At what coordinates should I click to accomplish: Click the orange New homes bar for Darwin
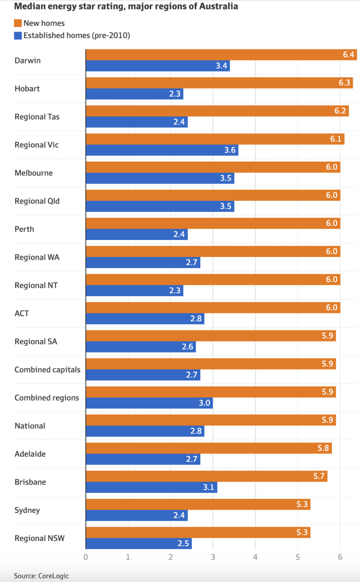[220, 54]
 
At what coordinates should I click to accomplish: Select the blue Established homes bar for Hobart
[134, 94]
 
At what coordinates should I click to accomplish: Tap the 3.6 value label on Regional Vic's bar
[230, 150]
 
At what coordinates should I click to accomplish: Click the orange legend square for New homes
[18, 23]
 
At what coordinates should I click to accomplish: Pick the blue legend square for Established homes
[18, 35]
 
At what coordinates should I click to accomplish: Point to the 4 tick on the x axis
[255, 557]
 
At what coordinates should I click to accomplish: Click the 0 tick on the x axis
[86, 557]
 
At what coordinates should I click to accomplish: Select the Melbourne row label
[33, 173]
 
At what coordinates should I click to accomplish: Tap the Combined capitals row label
[47, 370]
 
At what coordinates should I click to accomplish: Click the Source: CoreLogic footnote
[41, 576]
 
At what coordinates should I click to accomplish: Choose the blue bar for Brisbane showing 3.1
[151, 487]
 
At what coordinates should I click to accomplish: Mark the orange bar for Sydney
[198, 504]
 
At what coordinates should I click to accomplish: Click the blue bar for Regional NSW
[139, 544]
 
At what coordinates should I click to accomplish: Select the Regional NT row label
[36, 285]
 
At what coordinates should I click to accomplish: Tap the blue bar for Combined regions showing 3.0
[149, 403]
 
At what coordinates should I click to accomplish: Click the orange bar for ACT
[213, 307]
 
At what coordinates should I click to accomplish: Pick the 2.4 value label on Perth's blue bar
[180, 235]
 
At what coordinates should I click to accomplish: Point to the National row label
[30, 426]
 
